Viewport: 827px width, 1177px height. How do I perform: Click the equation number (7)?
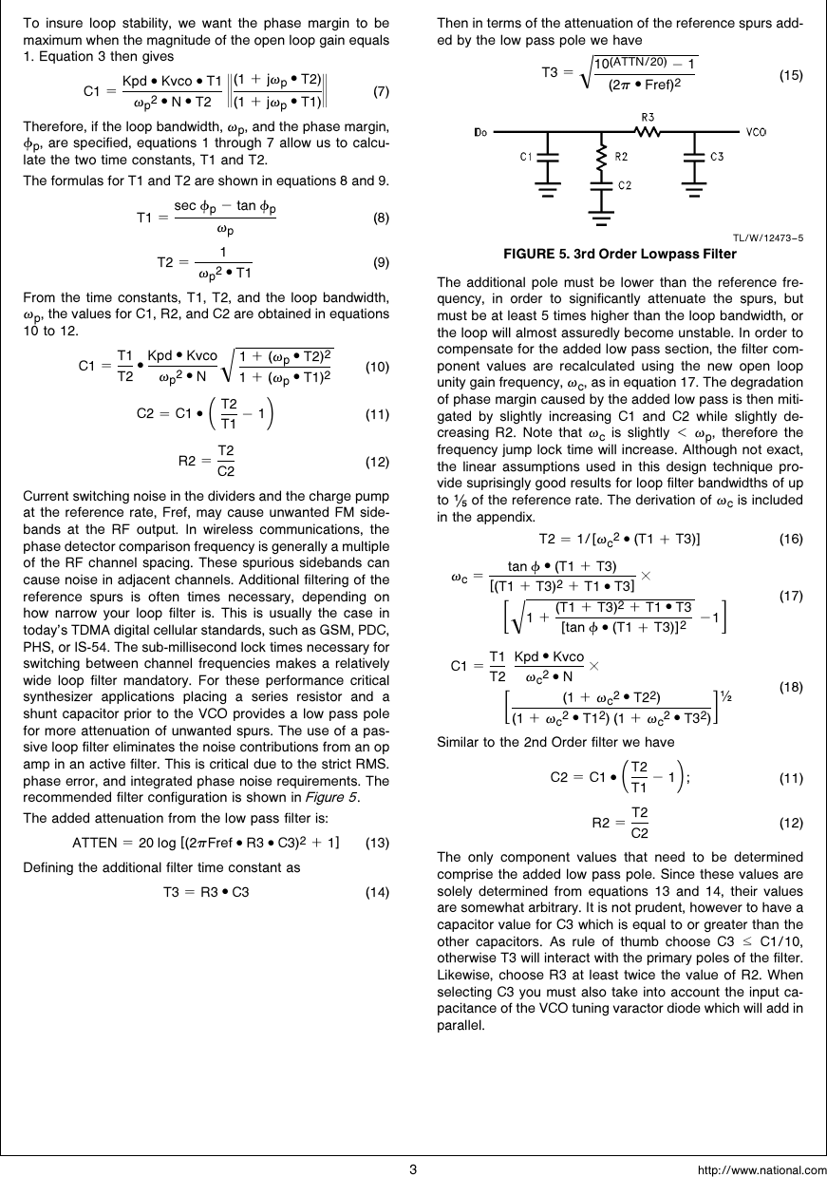click(380, 92)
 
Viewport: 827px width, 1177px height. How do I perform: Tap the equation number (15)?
click(791, 74)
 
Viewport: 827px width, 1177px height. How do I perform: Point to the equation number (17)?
click(791, 597)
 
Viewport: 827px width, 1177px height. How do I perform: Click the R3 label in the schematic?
click(649, 117)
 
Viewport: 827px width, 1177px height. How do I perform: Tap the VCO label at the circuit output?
click(756, 131)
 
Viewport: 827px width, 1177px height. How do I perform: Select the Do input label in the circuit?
click(480, 131)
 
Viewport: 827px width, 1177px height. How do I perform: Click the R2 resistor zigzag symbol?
click(600, 154)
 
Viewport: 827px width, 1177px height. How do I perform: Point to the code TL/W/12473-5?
click(767, 238)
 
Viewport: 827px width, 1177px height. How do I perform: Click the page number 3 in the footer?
click(413, 1168)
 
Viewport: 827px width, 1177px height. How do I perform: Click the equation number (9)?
click(380, 262)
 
